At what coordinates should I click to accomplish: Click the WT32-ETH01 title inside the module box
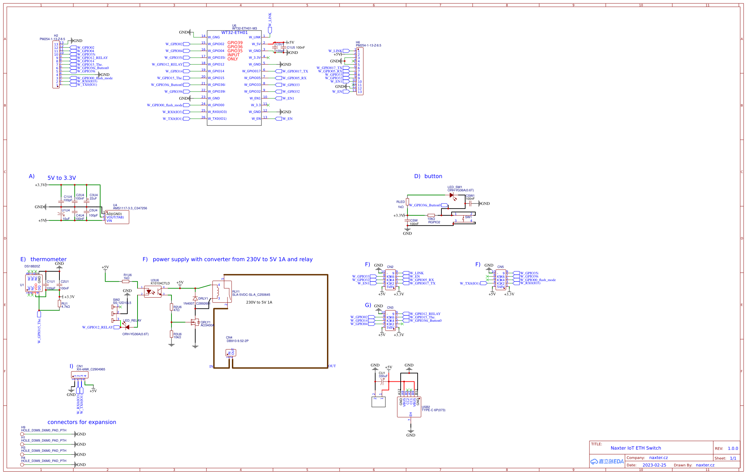(x=235, y=33)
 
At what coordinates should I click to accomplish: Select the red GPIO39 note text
(x=235, y=43)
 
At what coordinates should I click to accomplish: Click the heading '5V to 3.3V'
(x=61, y=178)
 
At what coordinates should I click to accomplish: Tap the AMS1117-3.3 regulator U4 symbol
(x=117, y=217)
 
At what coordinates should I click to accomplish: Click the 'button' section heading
(x=433, y=176)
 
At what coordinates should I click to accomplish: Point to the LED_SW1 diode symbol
(x=452, y=195)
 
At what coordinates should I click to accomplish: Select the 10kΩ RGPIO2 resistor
(x=431, y=215)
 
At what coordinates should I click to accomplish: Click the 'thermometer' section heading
(x=48, y=259)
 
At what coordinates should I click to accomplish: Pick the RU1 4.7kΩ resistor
(x=59, y=304)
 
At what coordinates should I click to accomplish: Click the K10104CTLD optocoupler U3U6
(x=153, y=292)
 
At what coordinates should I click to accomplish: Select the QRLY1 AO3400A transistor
(x=195, y=322)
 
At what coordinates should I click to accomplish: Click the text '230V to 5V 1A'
(x=259, y=302)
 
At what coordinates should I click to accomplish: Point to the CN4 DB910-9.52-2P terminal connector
(x=231, y=353)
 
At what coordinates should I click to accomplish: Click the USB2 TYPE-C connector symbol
(x=409, y=407)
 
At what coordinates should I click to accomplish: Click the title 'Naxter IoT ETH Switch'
(x=636, y=448)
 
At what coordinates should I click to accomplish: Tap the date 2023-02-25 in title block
(x=654, y=465)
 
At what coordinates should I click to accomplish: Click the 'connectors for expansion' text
(x=81, y=422)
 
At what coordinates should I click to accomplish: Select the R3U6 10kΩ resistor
(x=171, y=334)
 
